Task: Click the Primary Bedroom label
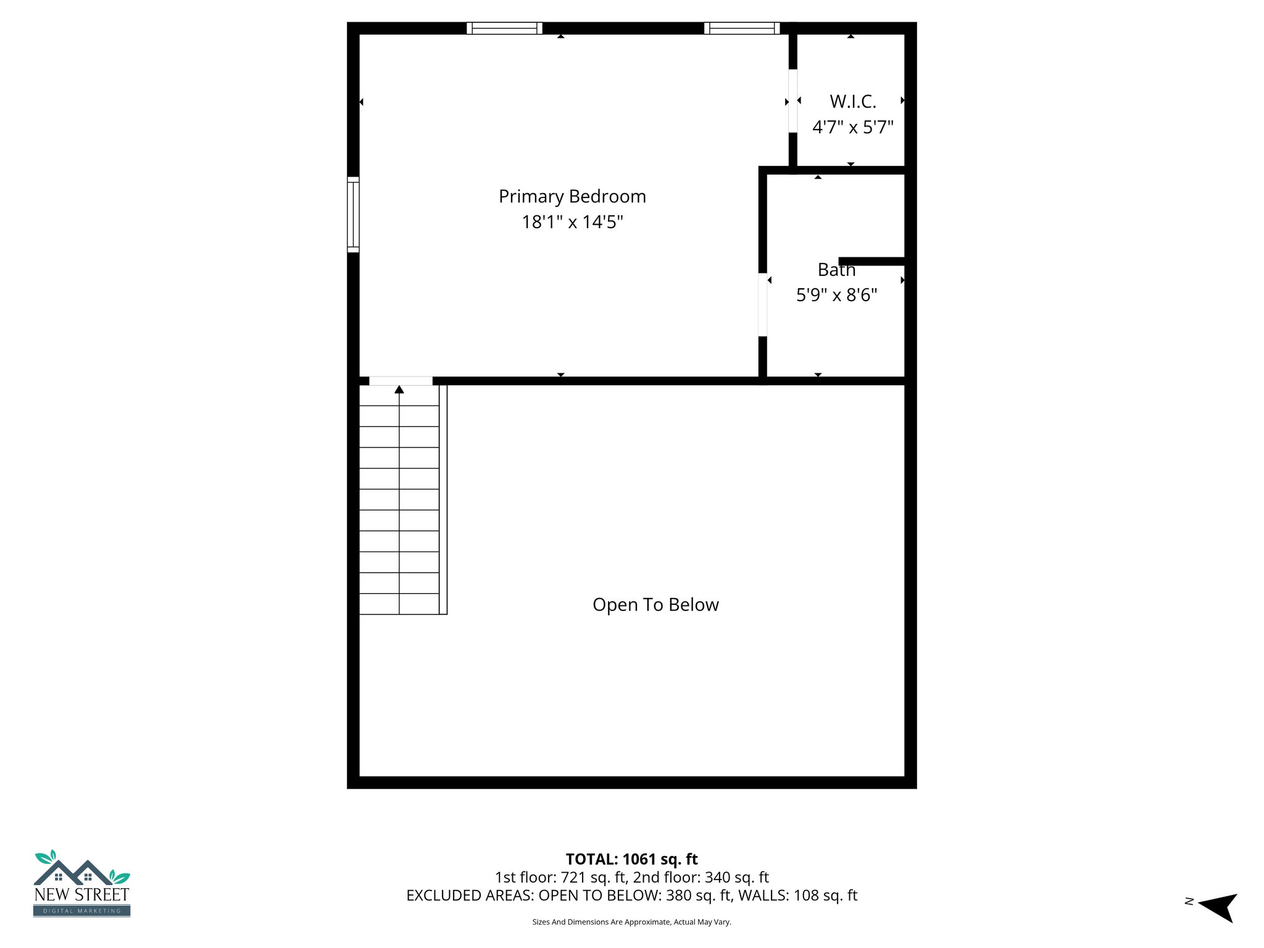(x=572, y=196)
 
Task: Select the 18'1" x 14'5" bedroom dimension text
(x=572, y=222)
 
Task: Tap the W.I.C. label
(x=852, y=101)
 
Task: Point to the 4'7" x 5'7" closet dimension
(x=852, y=127)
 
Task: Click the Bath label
(x=836, y=270)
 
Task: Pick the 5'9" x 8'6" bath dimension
(x=836, y=295)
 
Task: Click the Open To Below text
(x=655, y=605)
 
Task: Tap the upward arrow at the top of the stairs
(x=399, y=389)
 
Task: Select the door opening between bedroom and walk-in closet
(x=792, y=101)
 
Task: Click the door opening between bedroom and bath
(x=763, y=305)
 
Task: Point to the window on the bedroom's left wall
(x=353, y=214)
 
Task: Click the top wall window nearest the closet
(x=742, y=28)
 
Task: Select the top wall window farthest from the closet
(x=504, y=28)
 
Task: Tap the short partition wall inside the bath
(x=871, y=262)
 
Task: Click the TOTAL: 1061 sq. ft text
(x=631, y=859)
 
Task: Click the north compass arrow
(x=1219, y=906)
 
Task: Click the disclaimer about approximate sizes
(x=631, y=922)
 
